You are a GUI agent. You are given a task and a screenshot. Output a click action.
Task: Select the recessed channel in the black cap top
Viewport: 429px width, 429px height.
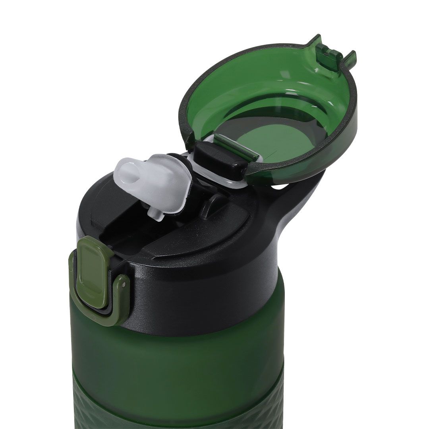(119, 234)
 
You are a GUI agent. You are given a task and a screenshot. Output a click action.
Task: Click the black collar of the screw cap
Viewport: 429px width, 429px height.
(207, 286)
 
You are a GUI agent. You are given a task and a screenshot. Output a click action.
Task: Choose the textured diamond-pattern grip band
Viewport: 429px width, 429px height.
(179, 409)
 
